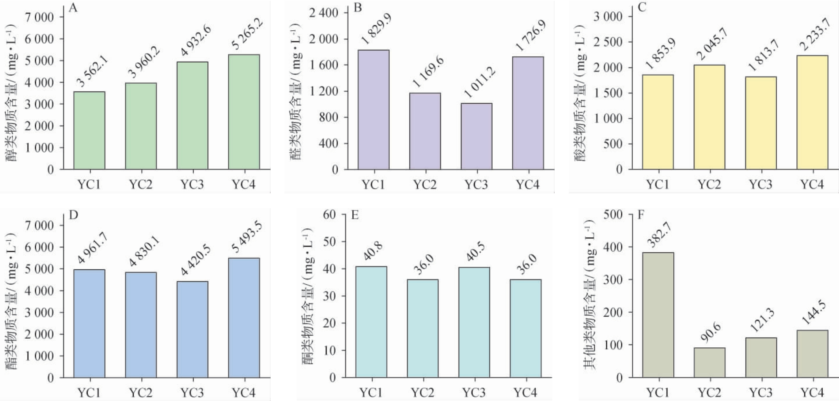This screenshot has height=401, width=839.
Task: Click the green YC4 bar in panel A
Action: pos(244,112)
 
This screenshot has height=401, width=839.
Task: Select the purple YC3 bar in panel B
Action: pos(476,136)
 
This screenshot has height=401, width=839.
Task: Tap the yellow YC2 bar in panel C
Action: pos(709,117)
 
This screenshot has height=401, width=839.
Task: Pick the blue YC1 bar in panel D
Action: pos(89,323)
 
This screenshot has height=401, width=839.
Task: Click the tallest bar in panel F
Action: pos(658,315)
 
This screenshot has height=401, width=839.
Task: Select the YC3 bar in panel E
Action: pos(474,322)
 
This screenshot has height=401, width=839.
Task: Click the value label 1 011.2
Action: pos(479,83)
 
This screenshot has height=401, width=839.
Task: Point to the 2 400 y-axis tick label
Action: pos(323,13)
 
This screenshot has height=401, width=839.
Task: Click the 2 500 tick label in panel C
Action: pos(608,42)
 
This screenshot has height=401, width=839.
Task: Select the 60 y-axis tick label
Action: pos(329,215)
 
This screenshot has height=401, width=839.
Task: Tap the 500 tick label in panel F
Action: pos(613,215)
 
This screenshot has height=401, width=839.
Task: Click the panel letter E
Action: pos(355,215)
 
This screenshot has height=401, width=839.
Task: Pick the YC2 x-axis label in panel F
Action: pos(709,392)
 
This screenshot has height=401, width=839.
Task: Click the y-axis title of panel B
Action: pos(296,91)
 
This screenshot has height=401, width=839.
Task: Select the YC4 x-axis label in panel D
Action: pos(243,392)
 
